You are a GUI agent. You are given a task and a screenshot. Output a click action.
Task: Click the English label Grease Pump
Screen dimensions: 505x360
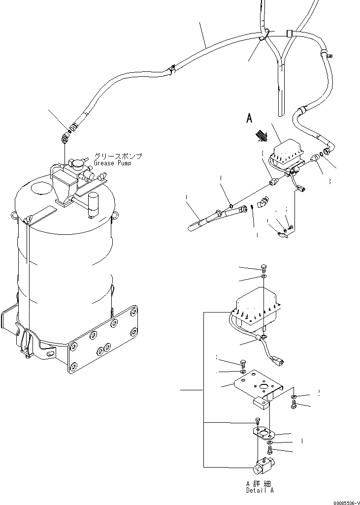[x=113, y=163]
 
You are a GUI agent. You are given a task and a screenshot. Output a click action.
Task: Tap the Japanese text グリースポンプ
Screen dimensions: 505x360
[x=118, y=156]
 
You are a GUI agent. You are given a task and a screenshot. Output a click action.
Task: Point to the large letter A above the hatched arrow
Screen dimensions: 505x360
[x=249, y=118]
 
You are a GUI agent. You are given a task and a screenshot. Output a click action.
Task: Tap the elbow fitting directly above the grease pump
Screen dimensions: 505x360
[x=65, y=139]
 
